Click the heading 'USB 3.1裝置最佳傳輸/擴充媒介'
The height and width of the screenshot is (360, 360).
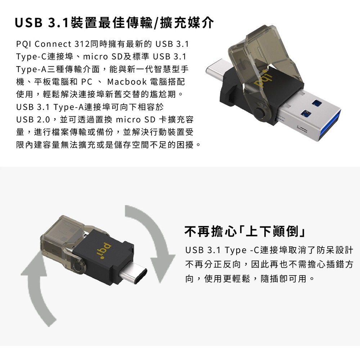tap(114, 23)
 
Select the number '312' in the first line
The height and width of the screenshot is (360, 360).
tap(82, 44)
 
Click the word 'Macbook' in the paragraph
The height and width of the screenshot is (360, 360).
tap(127, 82)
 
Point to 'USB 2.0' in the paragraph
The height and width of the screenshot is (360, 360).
tap(33, 120)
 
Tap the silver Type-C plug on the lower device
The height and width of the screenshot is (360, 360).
tap(133, 273)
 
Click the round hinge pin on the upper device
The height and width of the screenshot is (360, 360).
tap(260, 113)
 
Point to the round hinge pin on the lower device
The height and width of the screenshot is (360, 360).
tap(78, 266)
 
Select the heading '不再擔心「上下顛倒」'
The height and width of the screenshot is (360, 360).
tap(245, 231)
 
